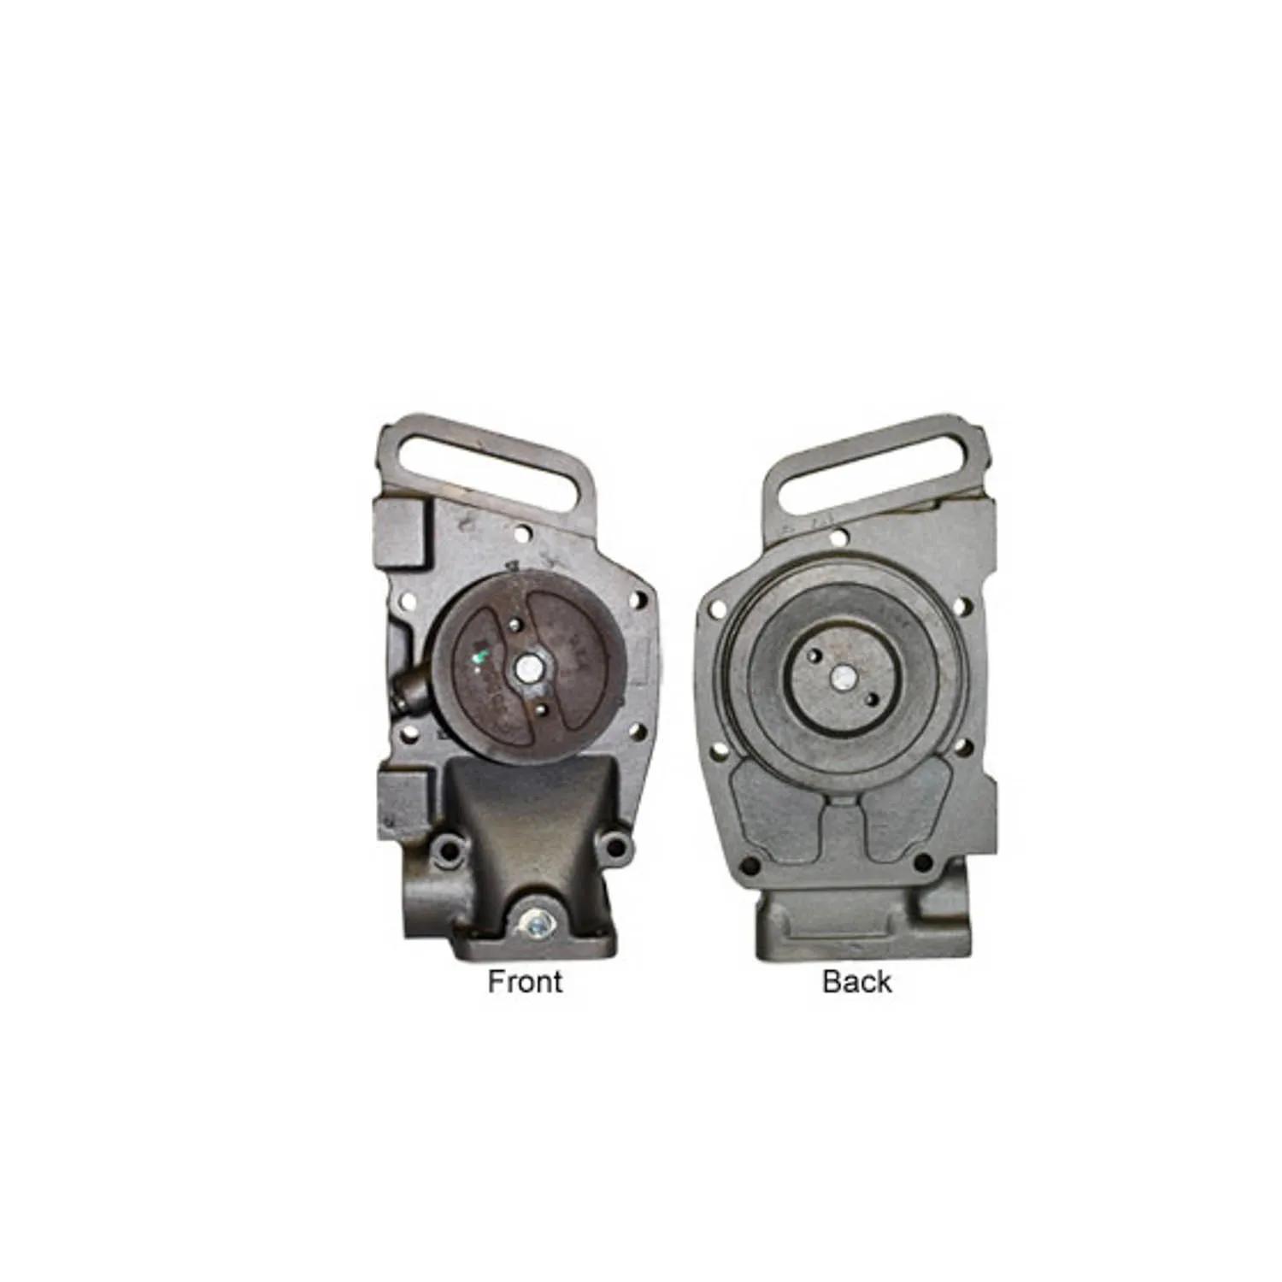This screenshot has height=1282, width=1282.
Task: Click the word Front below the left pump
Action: pos(525,981)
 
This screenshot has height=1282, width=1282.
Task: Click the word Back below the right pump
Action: pos(856,981)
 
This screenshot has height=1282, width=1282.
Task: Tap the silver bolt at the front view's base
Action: pos(533,923)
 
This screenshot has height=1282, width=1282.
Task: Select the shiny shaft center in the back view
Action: pos(844,678)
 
